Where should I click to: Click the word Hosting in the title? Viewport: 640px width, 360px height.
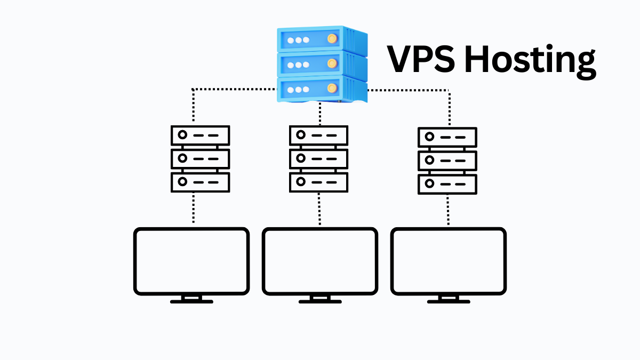[528, 60]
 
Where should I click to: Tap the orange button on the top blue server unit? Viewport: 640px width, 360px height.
[332, 39]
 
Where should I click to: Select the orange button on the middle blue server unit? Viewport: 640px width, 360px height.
[332, 63]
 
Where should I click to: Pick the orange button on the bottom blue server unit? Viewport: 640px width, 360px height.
[332, 87]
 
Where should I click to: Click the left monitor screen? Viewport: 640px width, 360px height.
[191, 261]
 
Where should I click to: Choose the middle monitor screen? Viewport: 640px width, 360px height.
[320, 261]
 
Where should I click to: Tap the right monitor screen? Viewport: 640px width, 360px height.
[449, 261]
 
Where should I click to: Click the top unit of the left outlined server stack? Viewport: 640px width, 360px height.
[200, 135]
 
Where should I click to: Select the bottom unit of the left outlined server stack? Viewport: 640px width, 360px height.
[200, 182]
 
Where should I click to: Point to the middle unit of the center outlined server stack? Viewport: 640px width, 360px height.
[318, 158]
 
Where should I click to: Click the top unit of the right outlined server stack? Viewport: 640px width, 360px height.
[447, 137]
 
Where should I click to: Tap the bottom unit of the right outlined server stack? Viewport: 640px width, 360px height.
[447, 184]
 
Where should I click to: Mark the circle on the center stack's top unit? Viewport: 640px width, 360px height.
[300, 135]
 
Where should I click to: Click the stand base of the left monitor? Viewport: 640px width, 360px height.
[191, 301]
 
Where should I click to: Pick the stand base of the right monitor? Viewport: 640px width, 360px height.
[449, 301]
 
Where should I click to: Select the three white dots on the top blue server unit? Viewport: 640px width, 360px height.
[298, 40]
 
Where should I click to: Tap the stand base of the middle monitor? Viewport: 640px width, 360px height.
[320, 301]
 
